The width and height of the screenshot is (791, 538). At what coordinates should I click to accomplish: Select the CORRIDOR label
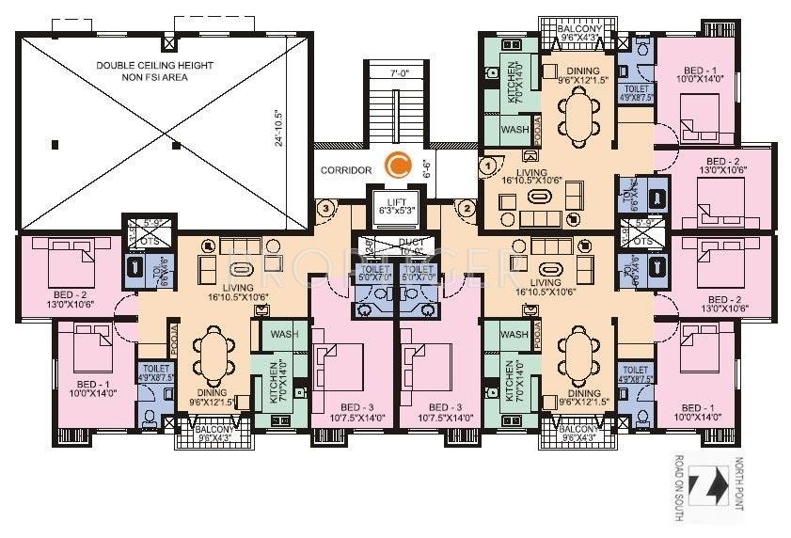click(x=346, y=170)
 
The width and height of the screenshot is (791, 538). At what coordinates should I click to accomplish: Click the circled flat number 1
click(x=487, y=166)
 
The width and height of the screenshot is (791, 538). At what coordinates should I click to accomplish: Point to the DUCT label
click(x=395, y=247)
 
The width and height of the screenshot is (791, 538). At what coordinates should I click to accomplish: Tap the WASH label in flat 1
click(x=514, y=129)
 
